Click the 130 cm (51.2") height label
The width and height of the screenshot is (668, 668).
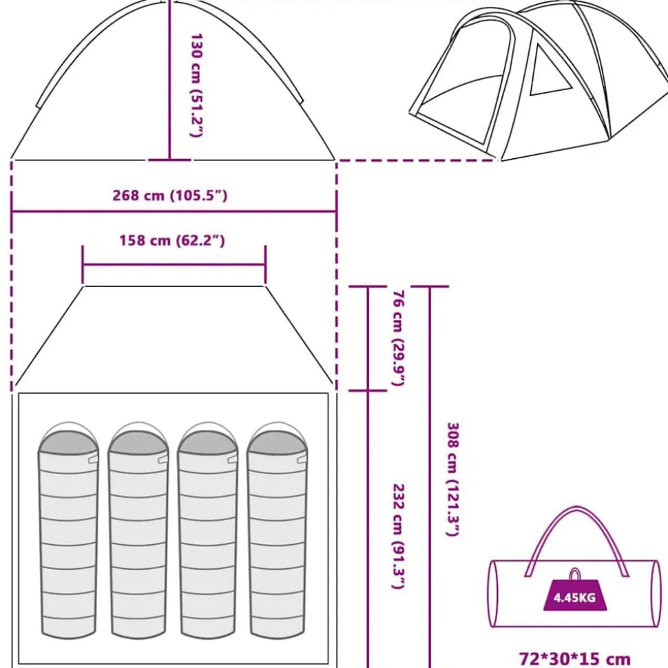pos(196,85)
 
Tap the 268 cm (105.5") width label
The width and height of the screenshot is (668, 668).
pos(170,195)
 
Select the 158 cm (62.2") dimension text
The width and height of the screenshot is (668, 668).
pos(171,240)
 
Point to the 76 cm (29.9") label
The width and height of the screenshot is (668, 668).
pos(398,338)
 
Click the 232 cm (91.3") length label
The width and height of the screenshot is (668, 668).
pos(398,536)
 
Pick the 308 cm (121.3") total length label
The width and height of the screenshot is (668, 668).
pos(452,479)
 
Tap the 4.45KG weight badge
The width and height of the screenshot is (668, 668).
pos(574,594)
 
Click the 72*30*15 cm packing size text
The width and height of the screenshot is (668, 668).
pos(574,658)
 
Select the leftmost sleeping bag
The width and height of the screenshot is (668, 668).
pos(68,530)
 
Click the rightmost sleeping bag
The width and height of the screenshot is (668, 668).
pos(278,530)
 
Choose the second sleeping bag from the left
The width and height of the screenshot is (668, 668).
pos(138,530)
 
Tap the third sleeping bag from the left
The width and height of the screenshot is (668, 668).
pos(208,530)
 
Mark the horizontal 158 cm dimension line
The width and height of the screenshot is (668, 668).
pos(174,265)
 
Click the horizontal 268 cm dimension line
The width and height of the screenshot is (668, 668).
pos(174,211)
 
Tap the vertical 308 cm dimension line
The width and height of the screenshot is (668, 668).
pos(430,477)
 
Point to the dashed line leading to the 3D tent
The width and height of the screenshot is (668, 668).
pos(417,160)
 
